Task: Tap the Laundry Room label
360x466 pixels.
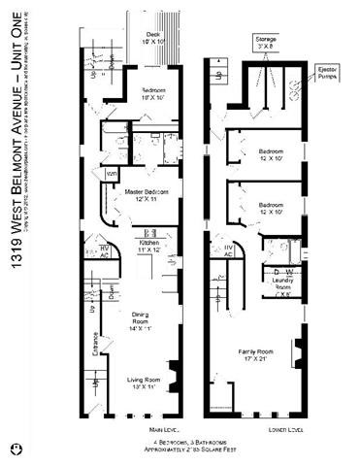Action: [284, 287]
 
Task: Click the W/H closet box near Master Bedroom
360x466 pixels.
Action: [113, 174]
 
